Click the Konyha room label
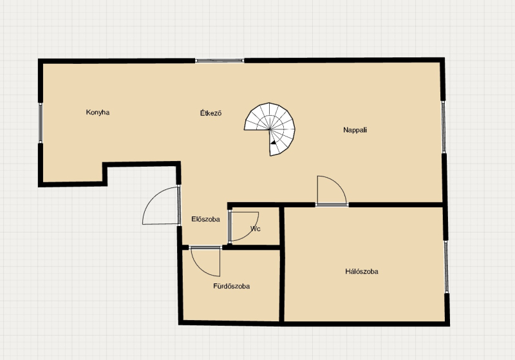tap(98, 112)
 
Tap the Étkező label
tap(211, 113)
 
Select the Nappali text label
tap(355, 130)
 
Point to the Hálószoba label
tap(362, 271)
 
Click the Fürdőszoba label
tap(232, 286)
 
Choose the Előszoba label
tap(205, 219)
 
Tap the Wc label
tap(255, 229)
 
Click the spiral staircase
tap(270, 129)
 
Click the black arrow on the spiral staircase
tap(273, 142)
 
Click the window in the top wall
tap(220, 61)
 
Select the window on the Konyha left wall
tap(41, 123)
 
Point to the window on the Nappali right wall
tap(443, 127)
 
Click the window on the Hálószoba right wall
tap(447, 267)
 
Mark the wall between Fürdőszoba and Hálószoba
tap(281, 265)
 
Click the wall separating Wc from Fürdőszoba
tap(250, 247)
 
